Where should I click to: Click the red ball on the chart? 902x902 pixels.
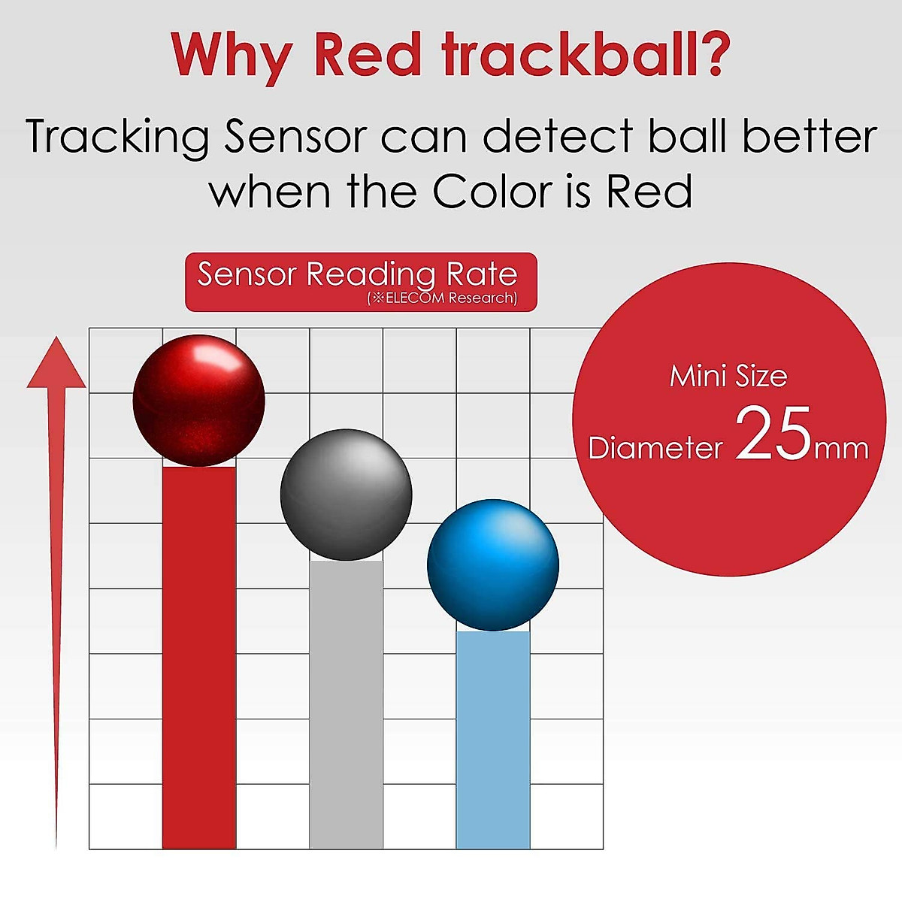[x=199, y=401]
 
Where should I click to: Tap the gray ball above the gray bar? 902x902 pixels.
[x=347, y=495]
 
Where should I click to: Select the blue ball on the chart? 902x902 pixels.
[x=493, y=565]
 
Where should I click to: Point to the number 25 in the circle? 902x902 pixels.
[x=773, y=434]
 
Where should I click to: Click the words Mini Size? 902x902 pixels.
[x=728, y=377]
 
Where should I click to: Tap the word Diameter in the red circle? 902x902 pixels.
[x=655, y=448]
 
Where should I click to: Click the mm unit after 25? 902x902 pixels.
[x=841, y=449]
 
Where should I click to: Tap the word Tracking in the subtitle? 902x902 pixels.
[x=117, y=136]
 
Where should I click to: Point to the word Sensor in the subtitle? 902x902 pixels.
[x=295, y=136]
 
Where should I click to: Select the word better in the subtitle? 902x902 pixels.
[x=810, y=135]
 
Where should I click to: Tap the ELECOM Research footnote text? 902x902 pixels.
[x=442, y=298]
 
